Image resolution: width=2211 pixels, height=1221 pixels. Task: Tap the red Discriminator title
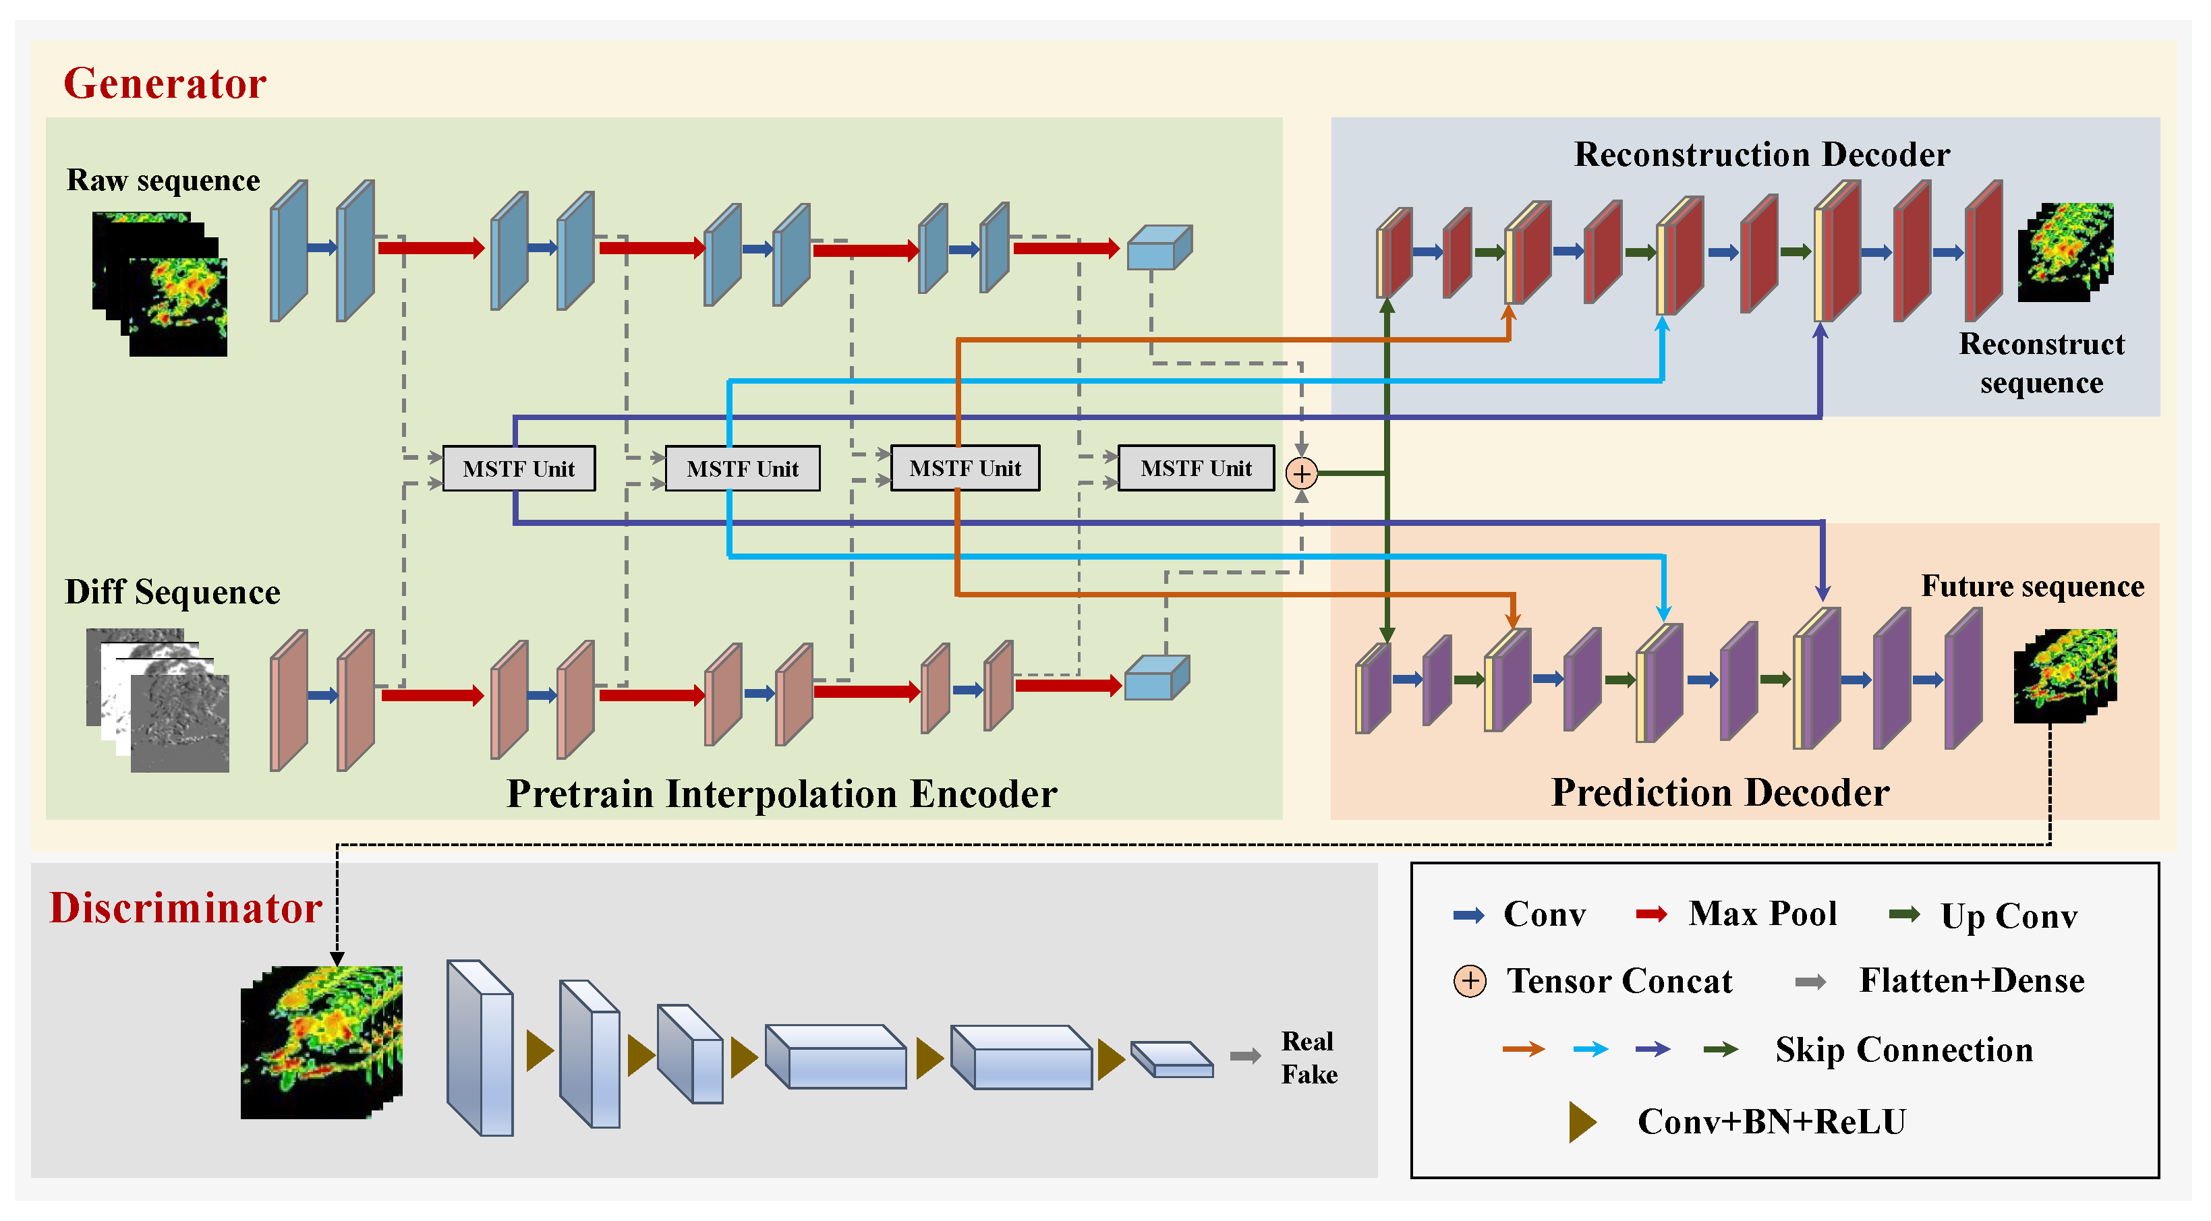pos(185,907)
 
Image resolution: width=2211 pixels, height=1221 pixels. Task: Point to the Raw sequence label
pos(163,180)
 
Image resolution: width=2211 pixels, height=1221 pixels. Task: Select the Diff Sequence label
pos(173,592)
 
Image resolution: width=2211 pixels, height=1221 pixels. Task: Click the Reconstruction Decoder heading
pos(1761,154)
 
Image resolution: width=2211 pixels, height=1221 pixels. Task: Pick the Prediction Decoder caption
pos(1720,793)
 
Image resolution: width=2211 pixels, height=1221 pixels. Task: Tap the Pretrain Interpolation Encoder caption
pos(781,794)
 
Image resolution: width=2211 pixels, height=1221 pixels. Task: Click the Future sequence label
pos(2032,586)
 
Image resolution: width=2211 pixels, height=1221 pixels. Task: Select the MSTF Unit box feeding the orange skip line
pos(965,469)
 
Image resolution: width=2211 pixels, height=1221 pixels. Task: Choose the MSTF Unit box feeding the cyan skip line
pos(743,469)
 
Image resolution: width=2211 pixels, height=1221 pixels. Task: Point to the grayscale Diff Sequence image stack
pos(159,699)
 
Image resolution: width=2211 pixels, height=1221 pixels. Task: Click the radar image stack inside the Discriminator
pos(322,1042)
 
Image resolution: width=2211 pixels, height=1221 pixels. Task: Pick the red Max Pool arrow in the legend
pos(1651,915)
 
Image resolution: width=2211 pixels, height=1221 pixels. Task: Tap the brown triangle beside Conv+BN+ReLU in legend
pos(1582,1121)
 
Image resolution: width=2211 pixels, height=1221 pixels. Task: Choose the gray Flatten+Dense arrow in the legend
pos(1810,982)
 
